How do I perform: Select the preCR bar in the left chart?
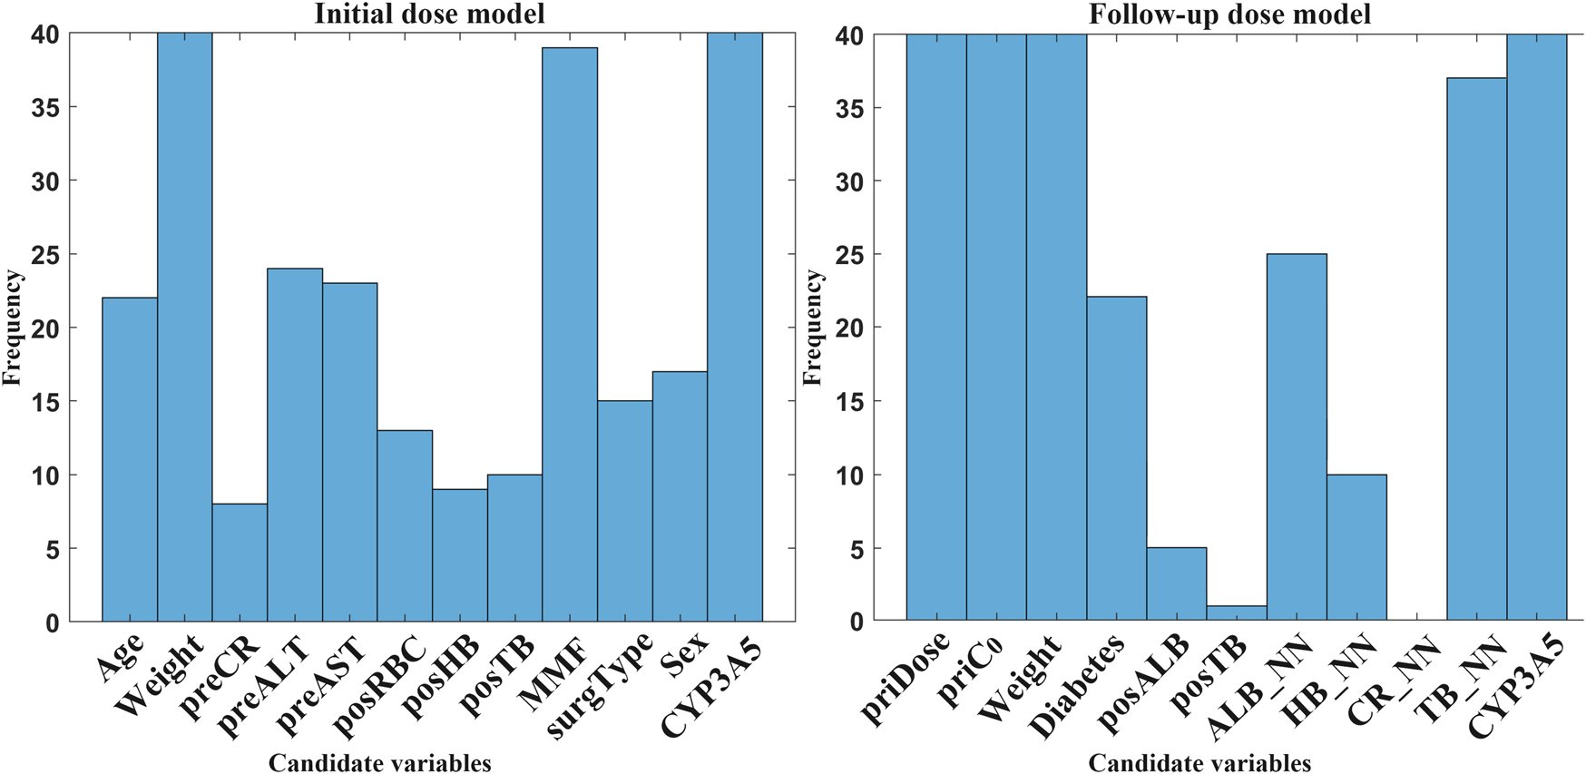tap(240, 563)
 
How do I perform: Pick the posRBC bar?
tap(405, 525)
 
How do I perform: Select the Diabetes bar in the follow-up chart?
tap(1116, 458)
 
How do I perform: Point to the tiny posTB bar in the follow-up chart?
tap(1236, 613)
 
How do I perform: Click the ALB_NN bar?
tap(1297, 437)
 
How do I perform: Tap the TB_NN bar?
tap(1476, 349)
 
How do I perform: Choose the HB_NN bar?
tap(1356, 547)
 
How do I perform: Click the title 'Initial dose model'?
tap(429, 14)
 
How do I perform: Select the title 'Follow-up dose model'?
tap(1229, 14)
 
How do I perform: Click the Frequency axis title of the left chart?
tap(12, 327)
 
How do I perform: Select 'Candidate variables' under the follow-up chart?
tap(1199, 763)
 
